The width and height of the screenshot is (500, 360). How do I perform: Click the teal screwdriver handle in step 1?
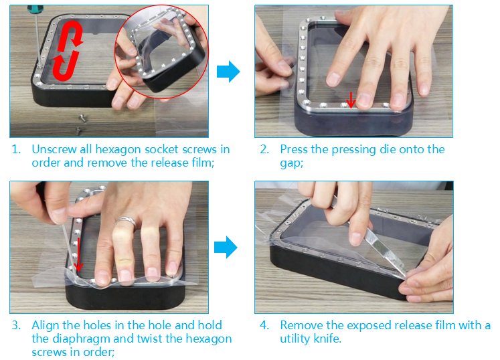34,9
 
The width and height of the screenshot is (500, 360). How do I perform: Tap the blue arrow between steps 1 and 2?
228,72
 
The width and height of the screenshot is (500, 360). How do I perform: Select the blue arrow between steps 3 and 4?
226,247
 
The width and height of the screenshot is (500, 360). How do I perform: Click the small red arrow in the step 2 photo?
351,100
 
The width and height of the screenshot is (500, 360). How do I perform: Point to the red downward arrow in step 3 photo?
78,254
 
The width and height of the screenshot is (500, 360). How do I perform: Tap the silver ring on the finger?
126,221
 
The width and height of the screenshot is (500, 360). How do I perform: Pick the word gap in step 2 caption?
290,164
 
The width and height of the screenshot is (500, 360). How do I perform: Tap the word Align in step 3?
46,326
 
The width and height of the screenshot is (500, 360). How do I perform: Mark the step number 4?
264,325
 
